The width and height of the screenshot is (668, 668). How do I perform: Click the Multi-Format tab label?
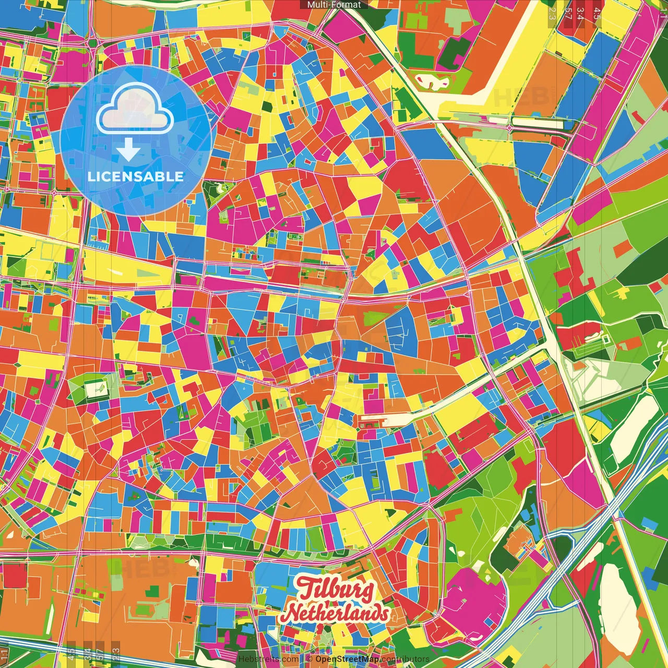pyautogui.click(x=334, y=5)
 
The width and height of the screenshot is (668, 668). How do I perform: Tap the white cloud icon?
pyautogui.click(x=135, y=109)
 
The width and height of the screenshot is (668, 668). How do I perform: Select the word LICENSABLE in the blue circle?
pyautogui.click(x=136, y=176)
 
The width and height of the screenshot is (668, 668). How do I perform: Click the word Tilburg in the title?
pyautogui.click(x=336, y=590)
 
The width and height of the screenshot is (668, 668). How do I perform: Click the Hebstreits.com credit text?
pyautogui.click(x=268, y=659)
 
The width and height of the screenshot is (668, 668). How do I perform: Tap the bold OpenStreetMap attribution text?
pyautogui.click(x=347, y=659)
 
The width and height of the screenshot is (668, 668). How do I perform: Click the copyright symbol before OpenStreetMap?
pyautogui.click(x=309, y=659)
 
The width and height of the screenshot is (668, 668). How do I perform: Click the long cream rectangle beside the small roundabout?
pyautogui.click(x=538, y=123)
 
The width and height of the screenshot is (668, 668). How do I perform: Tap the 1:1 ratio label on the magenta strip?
pyautogui.click(x=663, y=11)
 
